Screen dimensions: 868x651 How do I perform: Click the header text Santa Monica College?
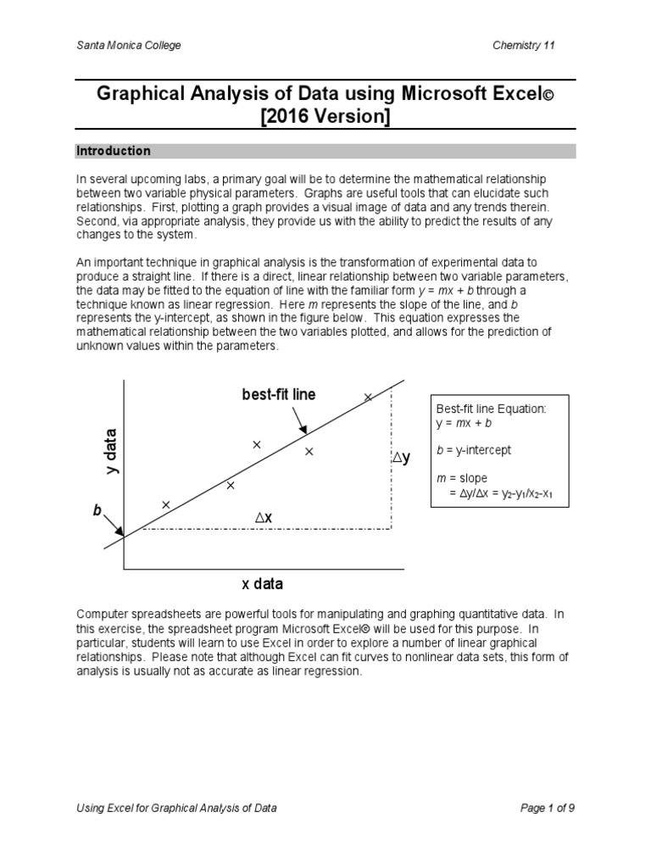(x=128, y=45)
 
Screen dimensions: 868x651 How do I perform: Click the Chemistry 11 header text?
(x=524, y=45)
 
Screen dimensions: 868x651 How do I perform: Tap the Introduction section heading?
(x=114, y=151)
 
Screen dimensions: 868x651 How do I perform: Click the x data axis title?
(x=262, y=584)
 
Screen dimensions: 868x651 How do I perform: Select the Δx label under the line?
(x=264, y=517)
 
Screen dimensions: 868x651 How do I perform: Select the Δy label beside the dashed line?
(x=400, y=458)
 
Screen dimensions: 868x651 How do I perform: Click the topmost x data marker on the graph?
(x=368, y=397)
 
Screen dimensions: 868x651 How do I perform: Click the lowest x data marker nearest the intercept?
(x=165, y=504)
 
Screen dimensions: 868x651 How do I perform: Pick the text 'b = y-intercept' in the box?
(x=473, y=450)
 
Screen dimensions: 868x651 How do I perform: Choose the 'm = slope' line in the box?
(x=461, y=478)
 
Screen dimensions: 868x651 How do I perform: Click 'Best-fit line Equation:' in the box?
(x=491, y=409)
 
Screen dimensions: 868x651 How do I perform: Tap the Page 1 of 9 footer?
(x=548, y=809)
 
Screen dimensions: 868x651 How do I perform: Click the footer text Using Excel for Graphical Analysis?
(x=176, y=809)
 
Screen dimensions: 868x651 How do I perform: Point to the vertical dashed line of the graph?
(x=391, y=475)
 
